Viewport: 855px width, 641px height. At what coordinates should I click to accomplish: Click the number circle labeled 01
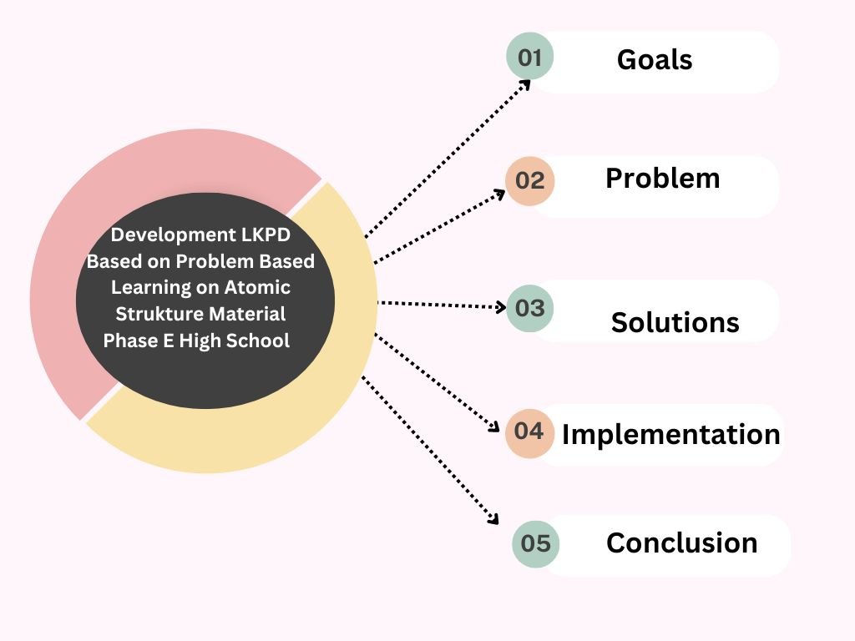click(530, 57)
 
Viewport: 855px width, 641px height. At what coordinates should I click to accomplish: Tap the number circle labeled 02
click(530, 180)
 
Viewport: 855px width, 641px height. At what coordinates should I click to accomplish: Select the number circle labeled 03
click(530, 308)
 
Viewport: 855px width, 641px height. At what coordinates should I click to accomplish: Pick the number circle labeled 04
click(529, 432)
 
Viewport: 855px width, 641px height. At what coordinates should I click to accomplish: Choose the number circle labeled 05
click(535, 543)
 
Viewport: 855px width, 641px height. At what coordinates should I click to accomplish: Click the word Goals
click(655, 59)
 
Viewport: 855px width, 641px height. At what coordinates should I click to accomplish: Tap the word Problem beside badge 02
click(662, 178)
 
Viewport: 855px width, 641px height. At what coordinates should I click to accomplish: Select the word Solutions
click(675, 322)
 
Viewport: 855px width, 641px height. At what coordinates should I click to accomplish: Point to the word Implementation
click(670, 434)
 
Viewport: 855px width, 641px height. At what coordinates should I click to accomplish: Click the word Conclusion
click(681, 543)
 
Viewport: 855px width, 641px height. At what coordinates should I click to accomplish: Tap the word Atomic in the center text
click(257, 287)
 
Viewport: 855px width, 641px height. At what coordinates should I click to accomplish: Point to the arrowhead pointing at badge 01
click(526, 83)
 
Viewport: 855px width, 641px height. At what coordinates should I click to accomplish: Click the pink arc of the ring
click(100, 209)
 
